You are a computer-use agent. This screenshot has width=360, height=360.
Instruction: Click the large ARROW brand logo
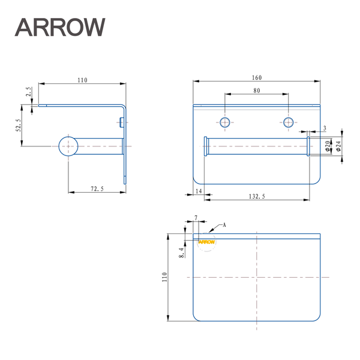tap(60, 26)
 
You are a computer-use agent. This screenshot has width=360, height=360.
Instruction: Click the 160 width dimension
tap(257, 77)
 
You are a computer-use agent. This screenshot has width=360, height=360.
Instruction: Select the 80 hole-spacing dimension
tap(256, 91)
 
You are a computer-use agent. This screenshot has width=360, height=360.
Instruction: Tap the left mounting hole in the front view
tap(225, 122)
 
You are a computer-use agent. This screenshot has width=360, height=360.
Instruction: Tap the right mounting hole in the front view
tap(289, 122)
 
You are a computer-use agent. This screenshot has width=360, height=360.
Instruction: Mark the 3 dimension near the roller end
tap(325, 128)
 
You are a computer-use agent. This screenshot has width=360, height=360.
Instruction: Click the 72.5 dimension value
tap(97, 189)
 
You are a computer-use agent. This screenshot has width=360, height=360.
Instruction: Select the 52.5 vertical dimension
tap(19, 127)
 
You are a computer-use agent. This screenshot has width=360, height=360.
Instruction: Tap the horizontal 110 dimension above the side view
tap(82, 80)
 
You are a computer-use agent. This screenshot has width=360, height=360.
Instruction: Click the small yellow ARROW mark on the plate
tap(206, 242)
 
